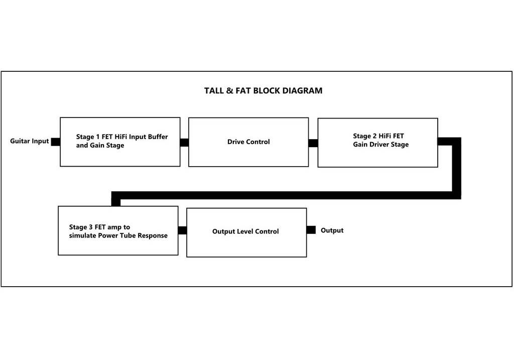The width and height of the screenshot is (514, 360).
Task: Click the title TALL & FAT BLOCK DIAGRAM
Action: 263,90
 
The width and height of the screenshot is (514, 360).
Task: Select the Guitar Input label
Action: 30,141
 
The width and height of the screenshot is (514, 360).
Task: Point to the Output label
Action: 332,230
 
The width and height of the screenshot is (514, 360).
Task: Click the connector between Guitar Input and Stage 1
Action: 55,142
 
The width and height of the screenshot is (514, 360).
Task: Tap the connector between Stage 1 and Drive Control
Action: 184,143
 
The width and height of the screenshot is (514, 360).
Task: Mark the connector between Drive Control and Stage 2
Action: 313,143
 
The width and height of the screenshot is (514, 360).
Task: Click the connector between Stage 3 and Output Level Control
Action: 182,230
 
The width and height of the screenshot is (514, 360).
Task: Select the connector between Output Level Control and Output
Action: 311,230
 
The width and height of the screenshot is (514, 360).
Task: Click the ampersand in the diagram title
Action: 229,90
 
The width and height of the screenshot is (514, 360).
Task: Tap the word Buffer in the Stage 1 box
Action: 158,137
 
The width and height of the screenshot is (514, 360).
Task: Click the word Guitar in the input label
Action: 20,141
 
